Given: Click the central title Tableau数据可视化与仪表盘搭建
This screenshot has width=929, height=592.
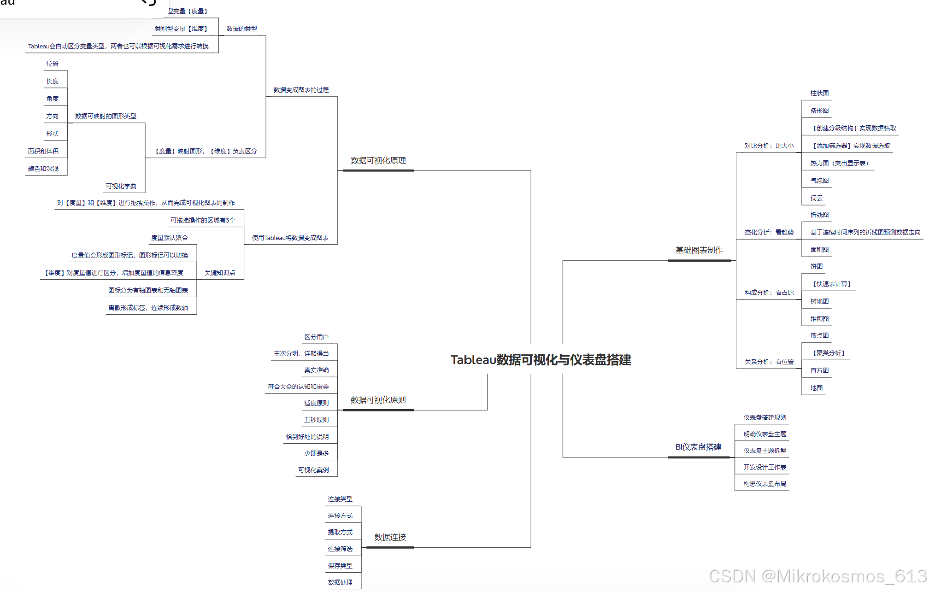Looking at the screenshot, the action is pos(541,360).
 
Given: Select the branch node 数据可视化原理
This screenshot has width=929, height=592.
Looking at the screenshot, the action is pos(378,161).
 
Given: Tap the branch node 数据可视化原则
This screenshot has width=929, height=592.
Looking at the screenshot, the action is pos(378,400).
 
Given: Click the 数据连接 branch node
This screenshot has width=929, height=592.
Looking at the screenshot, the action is pos(390,538).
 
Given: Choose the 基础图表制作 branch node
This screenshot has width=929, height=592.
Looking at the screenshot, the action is pos(699,251).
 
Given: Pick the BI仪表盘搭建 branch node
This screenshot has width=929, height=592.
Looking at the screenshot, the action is pos(698,447).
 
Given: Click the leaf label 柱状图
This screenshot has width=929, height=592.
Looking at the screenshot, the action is pos(819,94).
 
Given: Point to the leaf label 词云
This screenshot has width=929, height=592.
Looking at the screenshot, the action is pos(816,199).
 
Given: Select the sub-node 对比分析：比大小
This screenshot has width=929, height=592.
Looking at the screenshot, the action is pos(769,146).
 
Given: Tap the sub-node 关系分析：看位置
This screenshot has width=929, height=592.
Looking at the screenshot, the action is pos(769,362).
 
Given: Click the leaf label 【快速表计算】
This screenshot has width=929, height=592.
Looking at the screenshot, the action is pos(831,284).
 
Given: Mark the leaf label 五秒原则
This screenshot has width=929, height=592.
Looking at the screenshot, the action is pos(316,420).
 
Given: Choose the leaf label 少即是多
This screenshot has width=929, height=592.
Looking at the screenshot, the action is pos(316,454).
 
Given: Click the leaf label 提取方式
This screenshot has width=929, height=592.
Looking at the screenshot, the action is pos(340,533).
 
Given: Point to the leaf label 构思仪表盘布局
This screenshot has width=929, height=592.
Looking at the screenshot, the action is pos(764,484).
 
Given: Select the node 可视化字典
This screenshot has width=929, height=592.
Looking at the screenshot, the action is pos(121,187).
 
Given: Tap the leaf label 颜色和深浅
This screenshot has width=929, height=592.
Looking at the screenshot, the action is pos(43,169).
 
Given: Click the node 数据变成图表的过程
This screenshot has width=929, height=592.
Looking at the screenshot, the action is pos(301,90).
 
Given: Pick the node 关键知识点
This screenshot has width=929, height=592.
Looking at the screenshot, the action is pos(220,273).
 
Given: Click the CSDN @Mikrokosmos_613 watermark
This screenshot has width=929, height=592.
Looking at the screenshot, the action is pos(817,576).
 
